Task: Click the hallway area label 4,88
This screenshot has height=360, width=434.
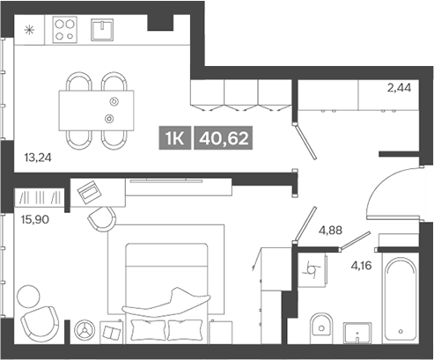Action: pos(331,231)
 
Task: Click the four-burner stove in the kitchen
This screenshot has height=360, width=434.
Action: pos(65,32)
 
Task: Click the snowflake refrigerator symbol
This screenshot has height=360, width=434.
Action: pos(30,30)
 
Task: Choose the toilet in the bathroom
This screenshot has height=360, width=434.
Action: pos(322,327)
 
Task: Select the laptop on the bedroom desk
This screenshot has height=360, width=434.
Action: pos(89,190)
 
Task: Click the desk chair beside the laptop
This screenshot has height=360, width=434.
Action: pos(102,218)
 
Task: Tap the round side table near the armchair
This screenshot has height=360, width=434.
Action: pos(85,330)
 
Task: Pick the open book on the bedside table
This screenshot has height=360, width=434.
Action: pos(112,332)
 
